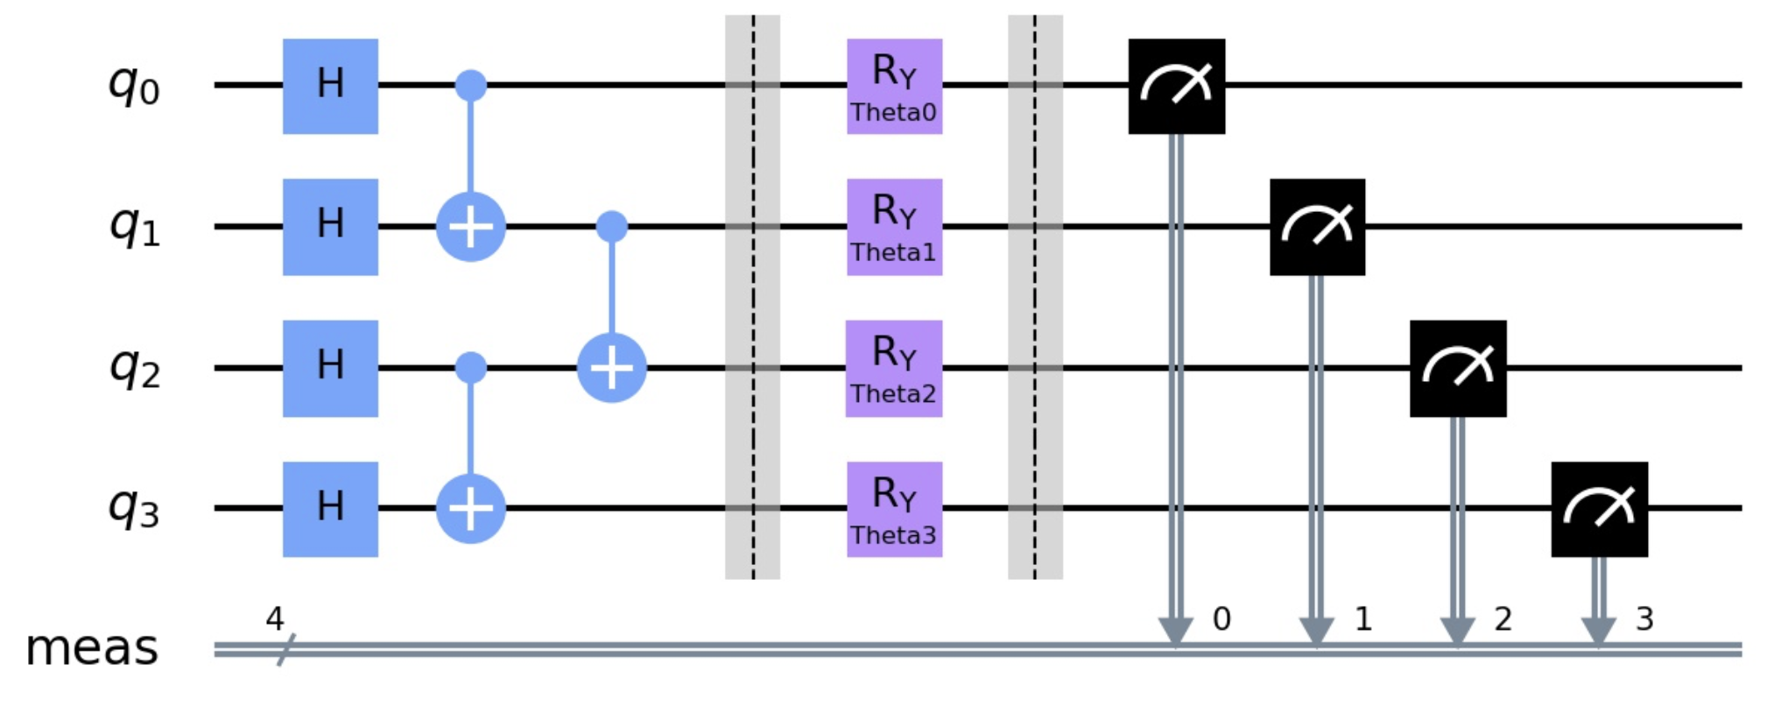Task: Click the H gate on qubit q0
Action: [x=330, y=86]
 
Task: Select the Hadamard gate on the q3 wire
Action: [x=330, y=509]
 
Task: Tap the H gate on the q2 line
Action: [x=330, y=368]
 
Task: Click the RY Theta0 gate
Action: [x=894, y=86]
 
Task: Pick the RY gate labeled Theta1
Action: [x=894, y=227]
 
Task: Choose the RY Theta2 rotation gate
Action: [x=894, y=368]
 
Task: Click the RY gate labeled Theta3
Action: [x=894, y=509]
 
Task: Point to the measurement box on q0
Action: [x=1176, y=86]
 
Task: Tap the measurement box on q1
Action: [x=1317, y=227]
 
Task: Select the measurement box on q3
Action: [x=1599, y=509]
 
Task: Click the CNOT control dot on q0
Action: [x=471, y=86]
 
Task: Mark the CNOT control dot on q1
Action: [x=612, y=227]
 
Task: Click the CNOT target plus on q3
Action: [x=471, y=509]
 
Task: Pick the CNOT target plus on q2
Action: [x=612, y=368]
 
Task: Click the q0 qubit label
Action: [x=134, y=86]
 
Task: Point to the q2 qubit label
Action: [x=134, y=368]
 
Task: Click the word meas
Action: [x=92, y=648]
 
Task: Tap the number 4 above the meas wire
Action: [x=275, y=619]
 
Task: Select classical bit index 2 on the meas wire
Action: [x=1503, y=619]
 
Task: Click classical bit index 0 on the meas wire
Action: [x=1221, y=619]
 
